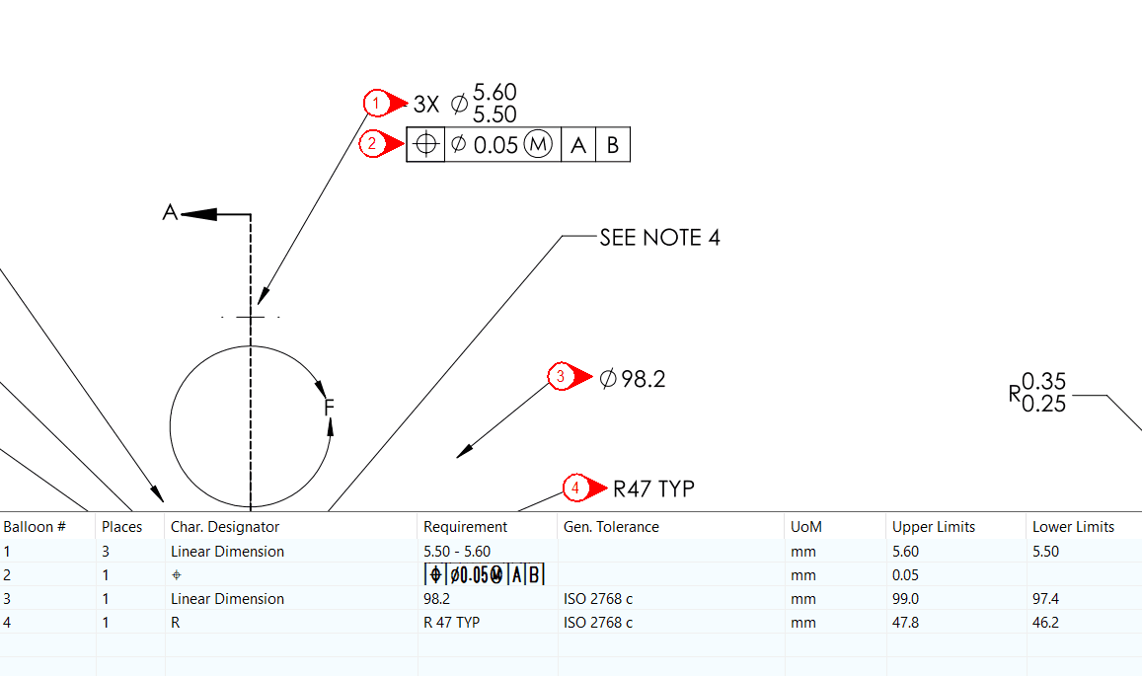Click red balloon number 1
pos(376,103)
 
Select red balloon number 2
pos(372,144)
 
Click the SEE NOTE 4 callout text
pos(659,238)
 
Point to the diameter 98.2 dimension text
pos(632,378)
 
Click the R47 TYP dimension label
pos(653,488)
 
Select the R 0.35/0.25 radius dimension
pos(1037,393)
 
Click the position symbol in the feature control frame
pos(426,145)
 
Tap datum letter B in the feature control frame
pos(612,145)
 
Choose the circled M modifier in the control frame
pos(537,145)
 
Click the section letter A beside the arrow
pos(170,212)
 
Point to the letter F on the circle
pos(329,406)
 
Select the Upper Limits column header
pos(933,527)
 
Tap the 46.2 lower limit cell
pos(1045,623)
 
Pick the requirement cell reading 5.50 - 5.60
pos(456,552)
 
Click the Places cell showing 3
pos(106,552)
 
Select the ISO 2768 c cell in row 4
pos(597,623)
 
